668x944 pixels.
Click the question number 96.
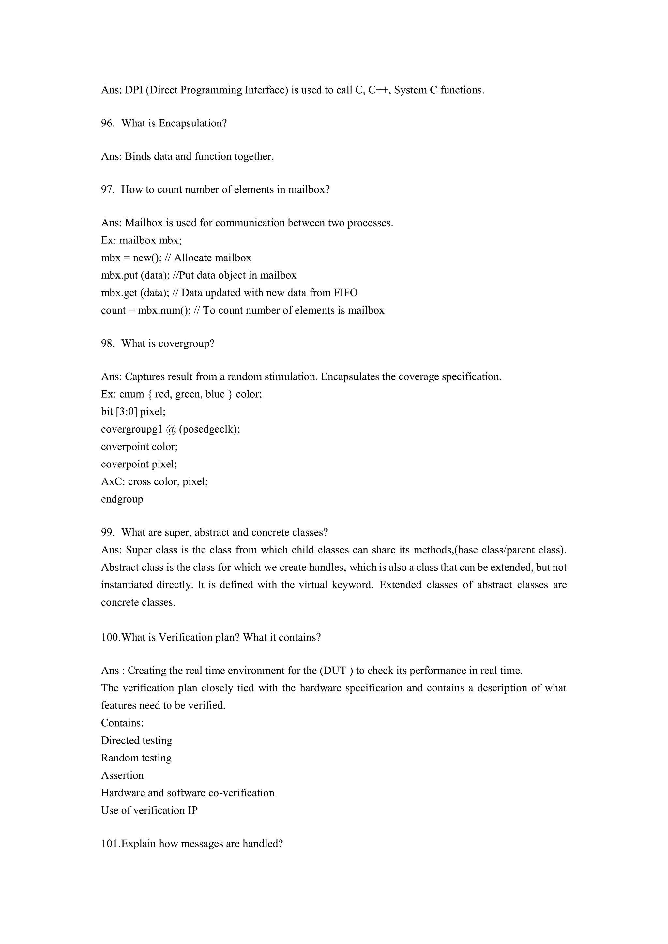coord(107,123)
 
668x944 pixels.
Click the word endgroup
coord(122,499)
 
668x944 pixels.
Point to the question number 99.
coord(107,532)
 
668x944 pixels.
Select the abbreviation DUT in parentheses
coord(333,671)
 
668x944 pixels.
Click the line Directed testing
coord(137,741)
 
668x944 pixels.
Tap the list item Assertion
coord(123,775)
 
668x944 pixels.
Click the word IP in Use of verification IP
coord(192,810)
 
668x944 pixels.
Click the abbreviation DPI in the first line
coord(133,90)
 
